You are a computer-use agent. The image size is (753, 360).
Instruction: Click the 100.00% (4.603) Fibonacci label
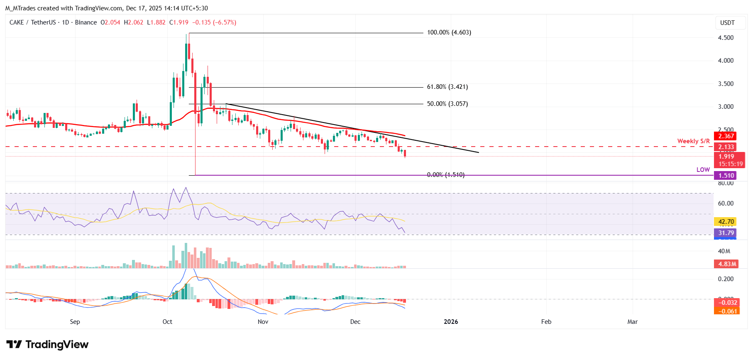pyautogui.click(x=449, y=32)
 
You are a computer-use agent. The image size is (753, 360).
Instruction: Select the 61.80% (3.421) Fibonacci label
pyautogui.click(x=447, y=87)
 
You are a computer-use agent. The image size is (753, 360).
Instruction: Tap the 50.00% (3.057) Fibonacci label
pyautogui.click(x=447, y=104)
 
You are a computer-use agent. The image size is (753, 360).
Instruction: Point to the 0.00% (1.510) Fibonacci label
pyautogui.click(x=445, y=175)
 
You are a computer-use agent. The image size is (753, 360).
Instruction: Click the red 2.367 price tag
pyautogui.click(x=726, y=136)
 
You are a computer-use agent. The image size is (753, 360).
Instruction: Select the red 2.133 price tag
pyautogui.click(x=726, y=147)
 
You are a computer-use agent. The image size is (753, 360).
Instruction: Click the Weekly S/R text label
pyautogui.click(x=693, y=141)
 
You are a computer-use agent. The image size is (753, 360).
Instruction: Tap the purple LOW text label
pyautogui.click(x=703, y=169)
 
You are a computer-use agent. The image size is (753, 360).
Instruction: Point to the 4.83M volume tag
pyautogui.click(x=727, y=264)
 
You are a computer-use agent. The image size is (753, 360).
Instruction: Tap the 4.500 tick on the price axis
pyautogui.click(x=726, y=38)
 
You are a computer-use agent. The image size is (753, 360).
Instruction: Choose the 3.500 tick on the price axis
pyautogui.click(x=726, y=84)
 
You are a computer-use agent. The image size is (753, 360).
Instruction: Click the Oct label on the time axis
pyautogui.click(x=167, y=322)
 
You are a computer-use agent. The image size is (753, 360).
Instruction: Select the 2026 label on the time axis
pyautogui.click(x=451, y=322)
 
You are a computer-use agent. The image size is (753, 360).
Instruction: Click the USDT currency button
pyautogui.click(x=727, y=23)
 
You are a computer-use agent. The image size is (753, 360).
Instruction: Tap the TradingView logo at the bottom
pyautogui.click(x=48, y=345)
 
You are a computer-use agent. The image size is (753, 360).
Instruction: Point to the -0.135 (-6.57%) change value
pyautogui.click(x=214, y=22)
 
